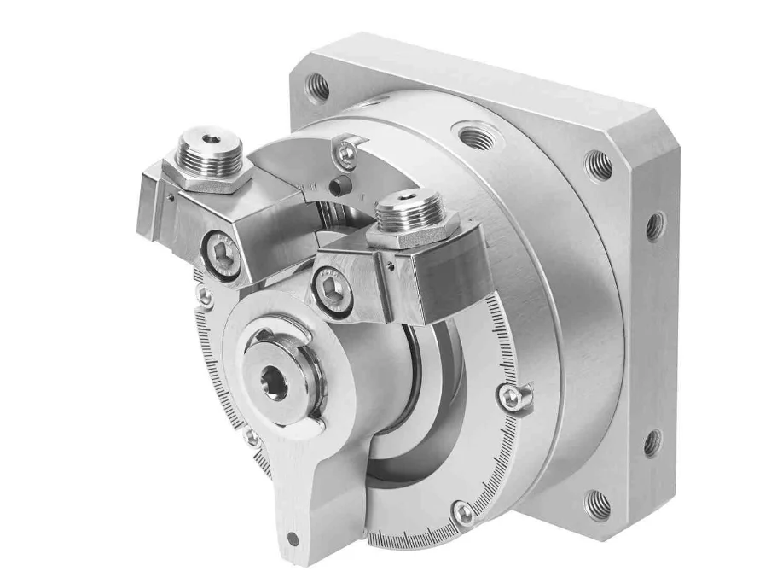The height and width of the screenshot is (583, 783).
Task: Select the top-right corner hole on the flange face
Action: [x=599, y=164]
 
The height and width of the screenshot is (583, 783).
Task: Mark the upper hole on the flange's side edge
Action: [x=655, y=225]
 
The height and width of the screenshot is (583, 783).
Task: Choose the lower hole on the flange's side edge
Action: [x=652, y=442]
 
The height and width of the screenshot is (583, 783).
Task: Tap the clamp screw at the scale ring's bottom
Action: [x=463, y=512]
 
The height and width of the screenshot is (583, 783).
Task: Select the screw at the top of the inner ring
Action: [x=346, y=153]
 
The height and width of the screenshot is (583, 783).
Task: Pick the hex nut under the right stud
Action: [x=415, y=230]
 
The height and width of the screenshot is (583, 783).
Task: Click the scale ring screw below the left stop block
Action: [x=205, y=296]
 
